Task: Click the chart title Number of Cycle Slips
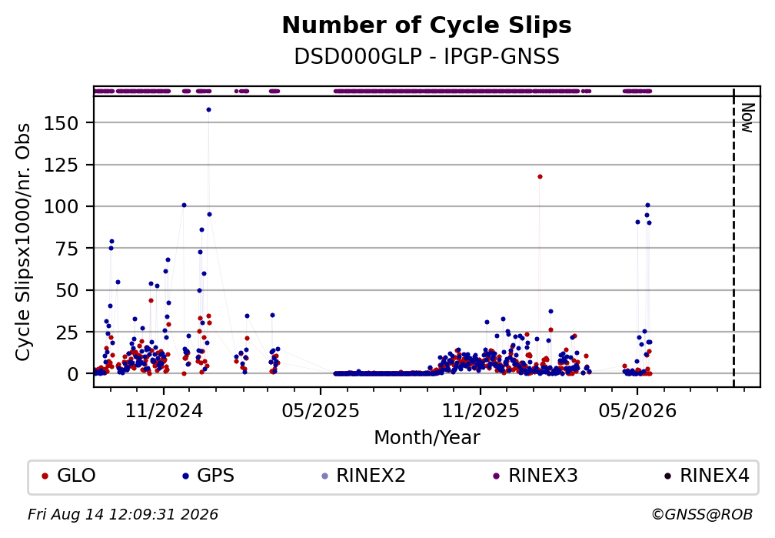pos(427,25)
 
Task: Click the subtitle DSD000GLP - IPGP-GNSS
pos(427,57)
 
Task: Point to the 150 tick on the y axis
pos(61,122)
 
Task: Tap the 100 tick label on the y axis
pos(61,206)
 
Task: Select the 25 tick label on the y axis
pos(67,332)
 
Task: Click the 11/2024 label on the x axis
pos(164,411)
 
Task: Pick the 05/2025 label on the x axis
pos(321,411)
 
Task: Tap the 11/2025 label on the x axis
pos(481,411)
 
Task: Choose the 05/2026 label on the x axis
pos(637,411)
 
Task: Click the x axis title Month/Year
pos(427,437)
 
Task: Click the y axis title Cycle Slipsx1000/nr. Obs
pos(23,242)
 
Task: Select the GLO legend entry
pos(70,476)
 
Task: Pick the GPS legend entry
pos(208,476)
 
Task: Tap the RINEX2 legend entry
pos(364,476)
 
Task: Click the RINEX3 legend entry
pos(536,476)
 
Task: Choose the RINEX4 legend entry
pos(707,476)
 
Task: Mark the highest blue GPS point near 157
pos(208,110)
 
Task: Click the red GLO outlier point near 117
pos(540,177)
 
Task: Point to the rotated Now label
pos(748,118)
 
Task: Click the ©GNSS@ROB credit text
pos(702,515)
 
